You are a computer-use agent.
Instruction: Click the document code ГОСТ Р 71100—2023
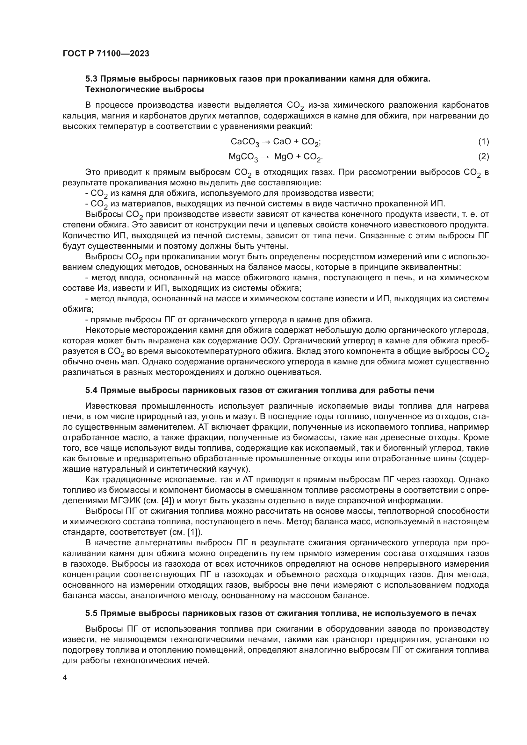coord(106,54)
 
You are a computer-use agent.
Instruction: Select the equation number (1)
coord(483,141)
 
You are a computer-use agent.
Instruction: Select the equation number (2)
coord(483,157)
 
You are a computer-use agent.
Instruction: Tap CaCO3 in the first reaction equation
coord(245,142)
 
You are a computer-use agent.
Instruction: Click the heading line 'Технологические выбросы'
coord(144,90)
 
